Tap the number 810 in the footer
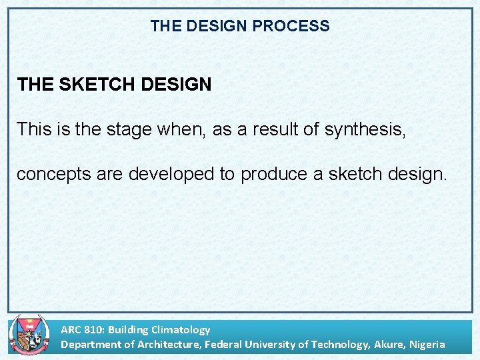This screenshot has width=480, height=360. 93,329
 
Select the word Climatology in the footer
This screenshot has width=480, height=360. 181,329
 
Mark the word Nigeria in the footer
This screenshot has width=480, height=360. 427,344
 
